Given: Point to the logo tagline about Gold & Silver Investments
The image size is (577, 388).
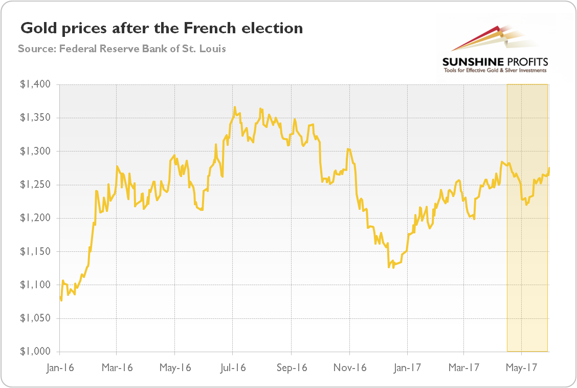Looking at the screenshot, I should pos(495,71).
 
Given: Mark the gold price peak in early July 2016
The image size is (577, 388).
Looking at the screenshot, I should pos(235,107).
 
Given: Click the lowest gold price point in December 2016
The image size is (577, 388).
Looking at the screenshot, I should pos(389,267).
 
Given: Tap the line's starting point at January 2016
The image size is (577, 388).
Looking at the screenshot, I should pos(60,297).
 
